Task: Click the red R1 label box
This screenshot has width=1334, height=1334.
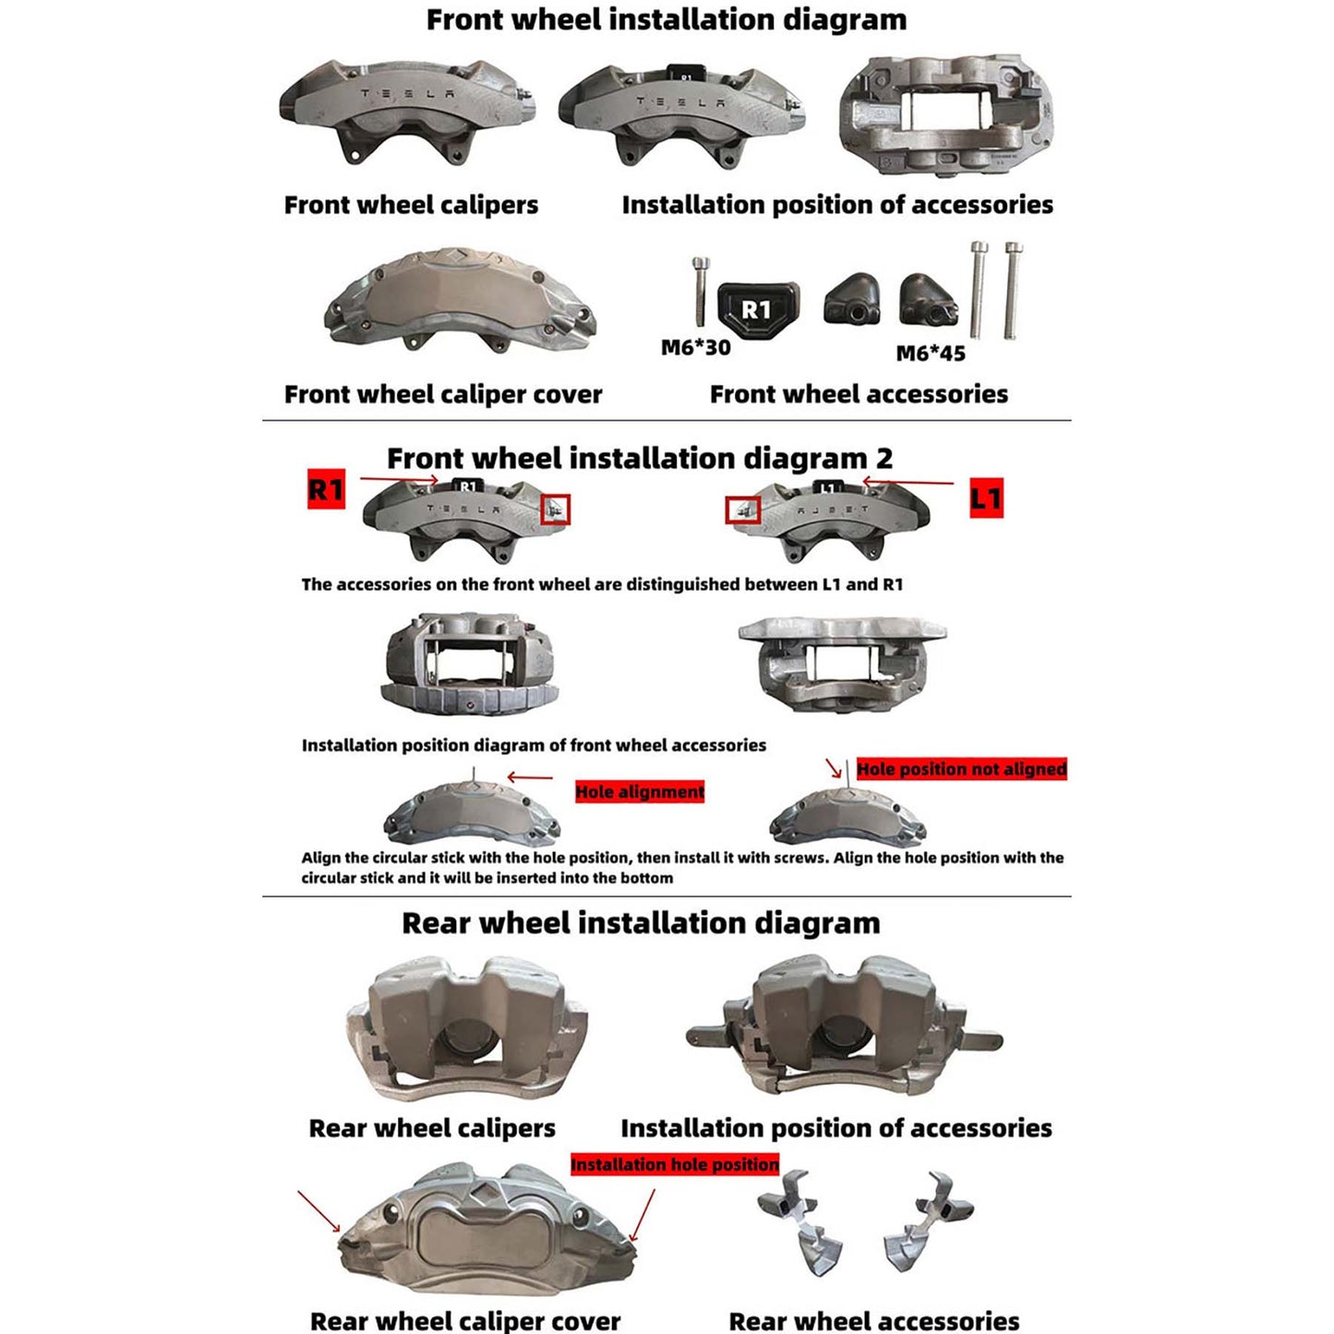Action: pos(326,489)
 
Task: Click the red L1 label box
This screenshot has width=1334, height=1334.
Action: pos(986,499)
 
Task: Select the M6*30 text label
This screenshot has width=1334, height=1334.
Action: pos(695,348)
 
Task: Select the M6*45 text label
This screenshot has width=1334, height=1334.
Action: pos(931,354)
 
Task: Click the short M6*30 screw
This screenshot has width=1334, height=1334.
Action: pos(700,291)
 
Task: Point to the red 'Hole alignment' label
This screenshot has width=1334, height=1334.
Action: pos(640,792)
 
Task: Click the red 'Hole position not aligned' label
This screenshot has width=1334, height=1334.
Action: pos(961,769)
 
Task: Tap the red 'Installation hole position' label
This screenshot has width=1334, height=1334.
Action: pos(675,1165)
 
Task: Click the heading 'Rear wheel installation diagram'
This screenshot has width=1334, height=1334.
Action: pos(641,923)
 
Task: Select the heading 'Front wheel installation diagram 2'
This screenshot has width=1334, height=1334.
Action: pos(639,458)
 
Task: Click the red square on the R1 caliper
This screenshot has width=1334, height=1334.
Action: pos(555,510)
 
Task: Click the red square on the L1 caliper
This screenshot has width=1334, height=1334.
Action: pos(743,510)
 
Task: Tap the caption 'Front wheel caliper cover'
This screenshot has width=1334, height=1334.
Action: pos(443,394)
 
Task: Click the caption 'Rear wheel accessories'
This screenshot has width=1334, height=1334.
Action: pos(873,1321)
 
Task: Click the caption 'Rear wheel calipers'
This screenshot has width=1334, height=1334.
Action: pos(432,1128)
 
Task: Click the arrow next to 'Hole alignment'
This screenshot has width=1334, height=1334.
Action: pos(530,777)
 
